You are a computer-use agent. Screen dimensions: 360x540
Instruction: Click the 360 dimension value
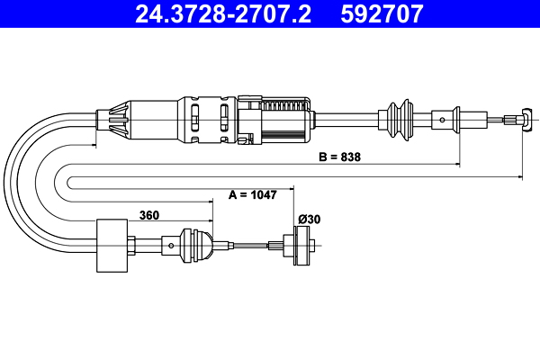tap(151, 214)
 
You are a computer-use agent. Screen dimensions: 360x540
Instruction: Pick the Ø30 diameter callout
tap(309, 219)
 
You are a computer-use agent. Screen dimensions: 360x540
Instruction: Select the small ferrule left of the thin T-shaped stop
tap(441, 117)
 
